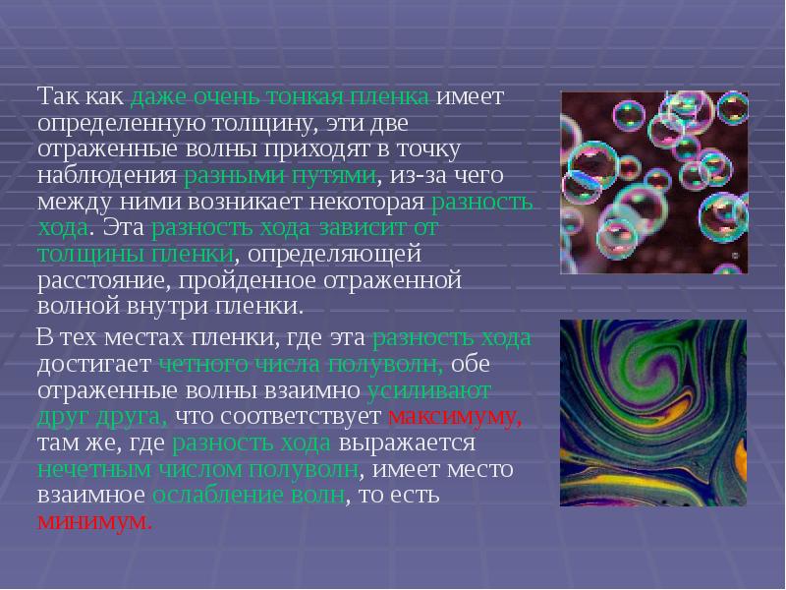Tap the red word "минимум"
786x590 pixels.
coord(94,520)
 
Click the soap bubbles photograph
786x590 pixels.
coord(653,183)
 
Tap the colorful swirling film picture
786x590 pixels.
coord(653,412)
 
